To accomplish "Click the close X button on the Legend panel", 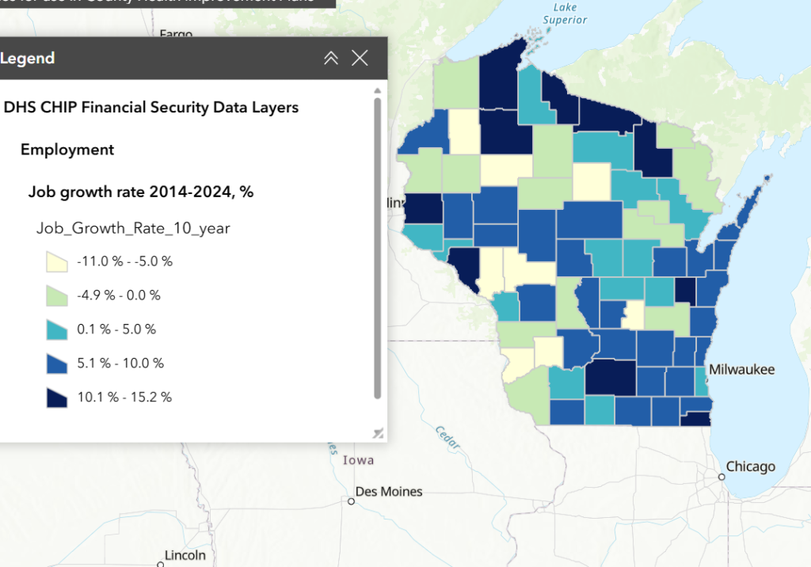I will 360,58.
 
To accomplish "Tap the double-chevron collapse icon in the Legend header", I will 331,58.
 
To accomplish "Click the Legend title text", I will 28,58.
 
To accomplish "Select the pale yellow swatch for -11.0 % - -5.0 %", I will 57,261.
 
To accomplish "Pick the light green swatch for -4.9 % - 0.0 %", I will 57,295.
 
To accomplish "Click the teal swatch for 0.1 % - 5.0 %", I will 57,329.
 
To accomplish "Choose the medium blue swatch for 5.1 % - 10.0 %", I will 57,363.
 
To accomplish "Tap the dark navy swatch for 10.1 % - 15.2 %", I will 57,398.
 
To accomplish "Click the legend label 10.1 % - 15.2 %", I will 124,398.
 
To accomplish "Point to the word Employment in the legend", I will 67,150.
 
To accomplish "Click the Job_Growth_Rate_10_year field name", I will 133,228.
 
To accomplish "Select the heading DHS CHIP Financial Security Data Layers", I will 151,107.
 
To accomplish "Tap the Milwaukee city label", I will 741,370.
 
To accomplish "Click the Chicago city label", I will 750,466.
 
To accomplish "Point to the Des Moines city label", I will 389,492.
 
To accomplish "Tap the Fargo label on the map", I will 176,34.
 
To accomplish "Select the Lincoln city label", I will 185,555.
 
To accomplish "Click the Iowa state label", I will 358,460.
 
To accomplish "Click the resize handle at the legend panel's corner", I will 378,432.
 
